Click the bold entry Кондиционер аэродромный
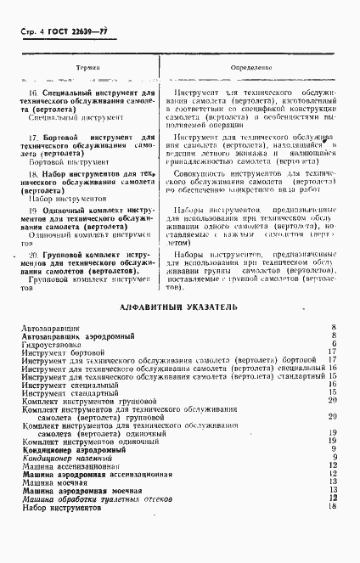click(67, 450)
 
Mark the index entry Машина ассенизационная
click(71, 466)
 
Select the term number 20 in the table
click(33, 255)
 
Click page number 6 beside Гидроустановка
click(335, 344)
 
